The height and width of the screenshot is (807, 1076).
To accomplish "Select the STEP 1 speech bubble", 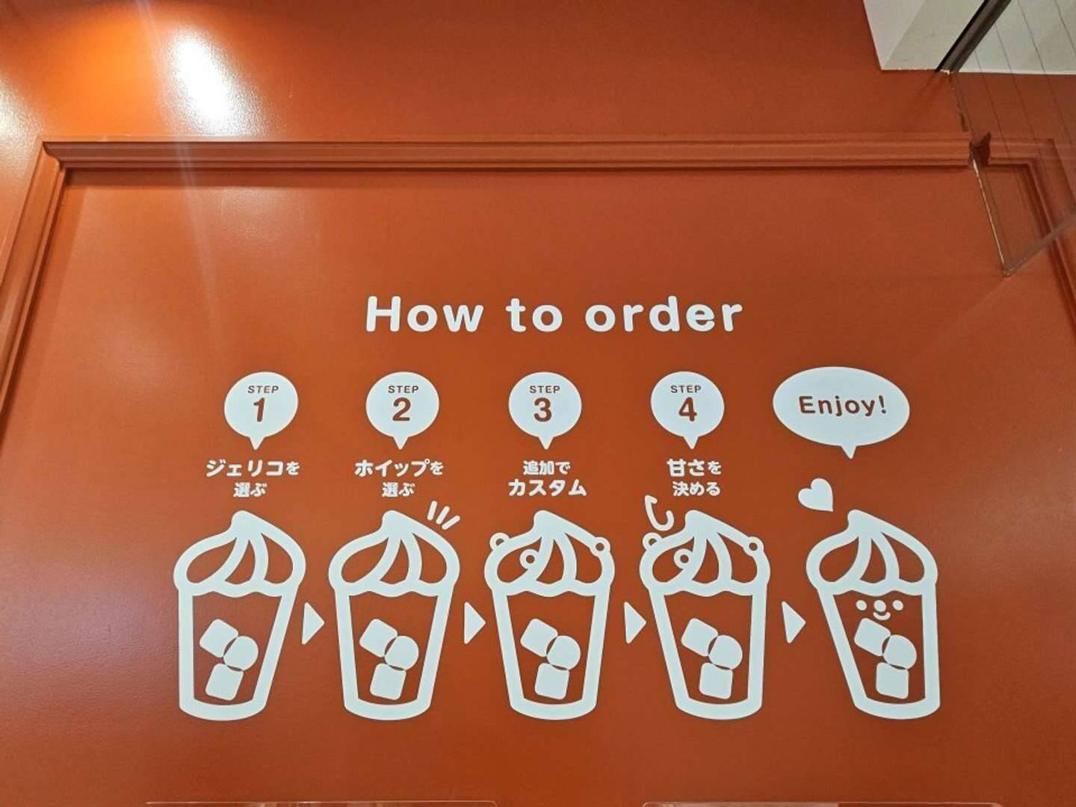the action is [261, 412].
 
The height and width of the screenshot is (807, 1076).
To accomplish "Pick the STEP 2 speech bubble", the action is [403, 412].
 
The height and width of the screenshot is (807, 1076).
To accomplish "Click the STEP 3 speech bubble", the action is [545, 412].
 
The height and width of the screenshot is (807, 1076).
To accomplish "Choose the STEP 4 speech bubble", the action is [687, 412].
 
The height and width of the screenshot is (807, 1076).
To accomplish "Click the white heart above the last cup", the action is [816, 494].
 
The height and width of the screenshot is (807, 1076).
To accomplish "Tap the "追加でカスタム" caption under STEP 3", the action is [547, 478].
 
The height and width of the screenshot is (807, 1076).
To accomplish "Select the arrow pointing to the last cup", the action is [793, 623].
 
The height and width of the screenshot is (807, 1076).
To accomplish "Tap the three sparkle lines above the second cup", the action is [443, 515].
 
